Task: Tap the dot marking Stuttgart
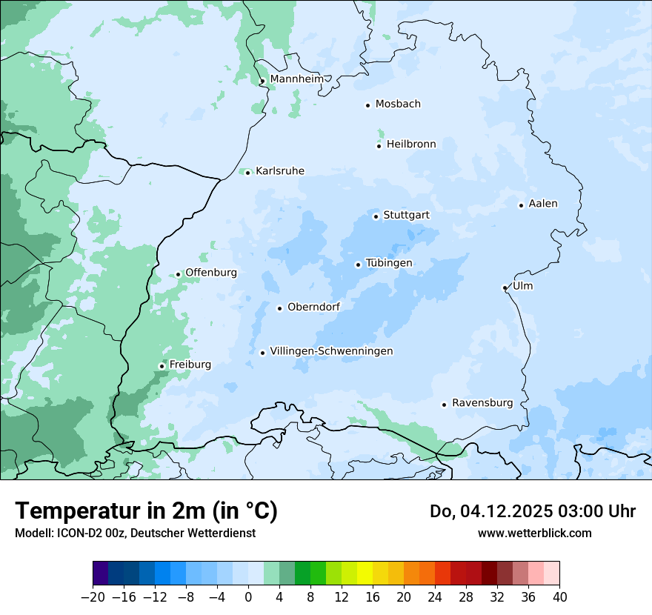pos(376,216)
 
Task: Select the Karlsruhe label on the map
pos(279,171)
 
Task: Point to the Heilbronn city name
pos(411,144)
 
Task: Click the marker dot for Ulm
pos(505,287)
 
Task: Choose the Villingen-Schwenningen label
pos(331,351)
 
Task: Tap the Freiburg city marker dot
pos(162,366)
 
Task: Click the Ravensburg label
pos(482,403)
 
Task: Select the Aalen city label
pos(543,204)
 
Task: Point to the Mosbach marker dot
pos(367,105)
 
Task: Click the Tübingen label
pos(389,263)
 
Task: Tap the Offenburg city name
pos(211,273)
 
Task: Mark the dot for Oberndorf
pos(279,308)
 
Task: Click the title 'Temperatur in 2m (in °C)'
pos(146,511)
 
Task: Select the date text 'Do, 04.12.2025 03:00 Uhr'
pos(533,511)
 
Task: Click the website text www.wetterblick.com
pos(534,533)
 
